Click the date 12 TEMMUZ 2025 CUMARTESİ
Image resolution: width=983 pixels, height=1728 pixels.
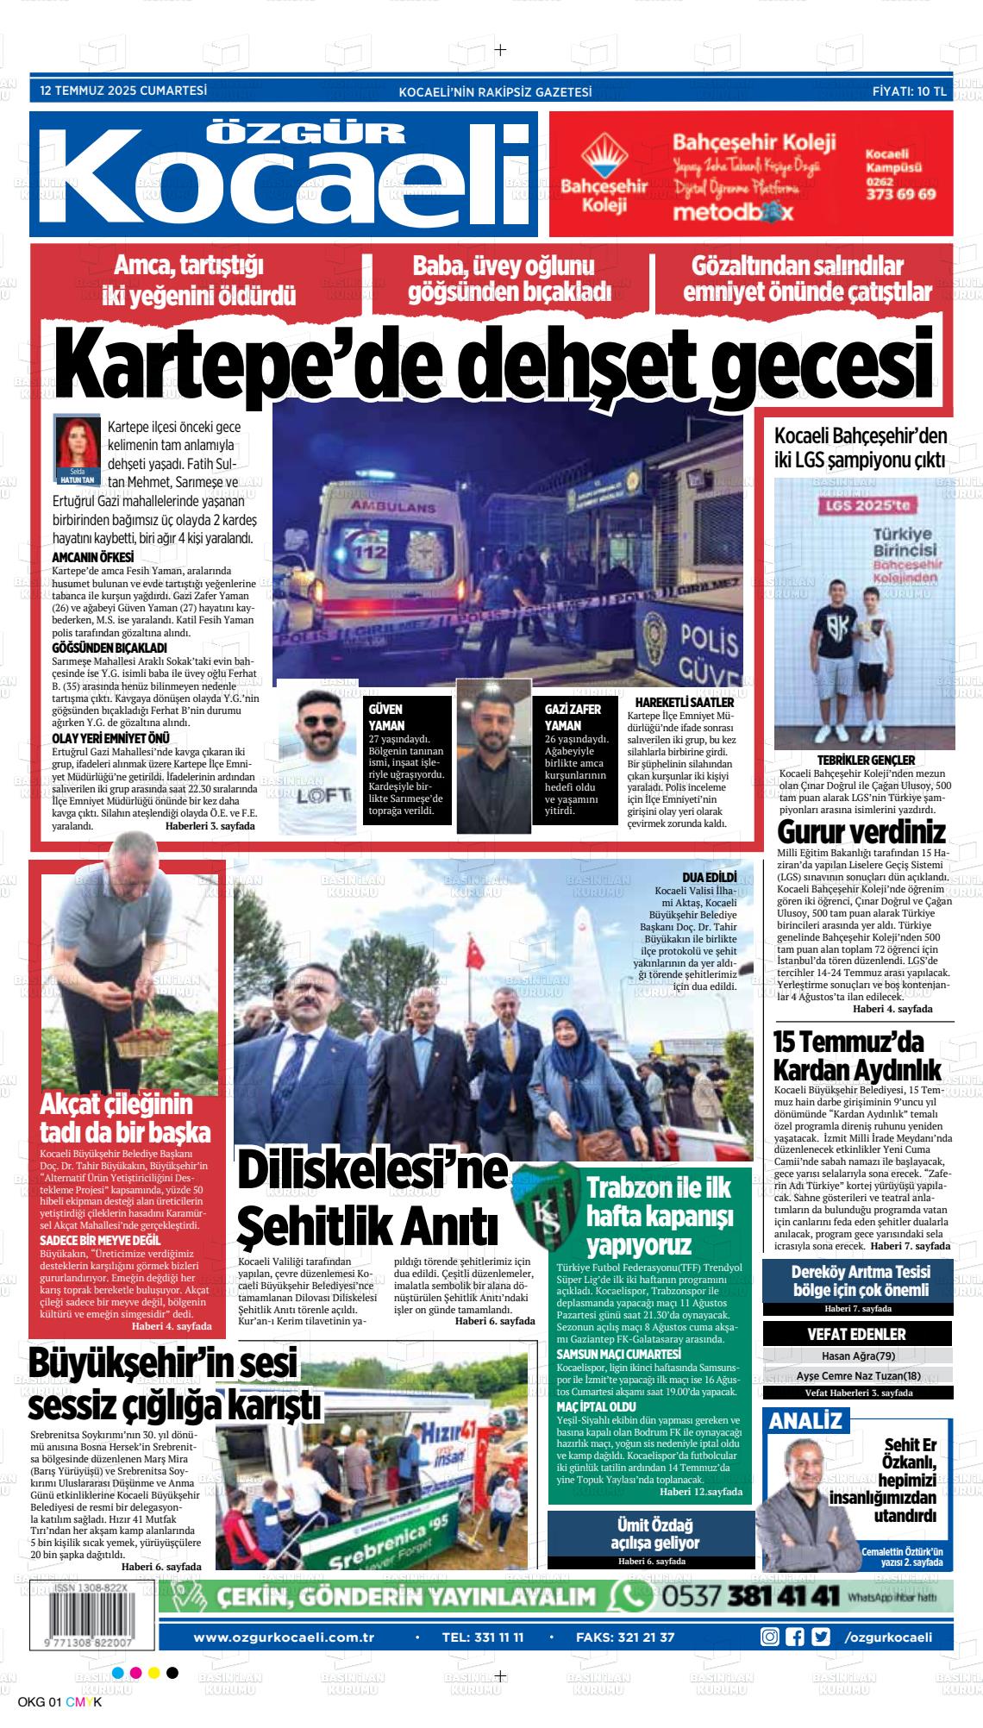123,90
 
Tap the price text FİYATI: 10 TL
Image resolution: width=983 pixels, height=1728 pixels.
909,91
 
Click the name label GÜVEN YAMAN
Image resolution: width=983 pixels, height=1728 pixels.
386,717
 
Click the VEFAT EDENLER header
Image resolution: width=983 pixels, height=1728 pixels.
855,1334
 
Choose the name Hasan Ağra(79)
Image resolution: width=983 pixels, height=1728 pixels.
855,1355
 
